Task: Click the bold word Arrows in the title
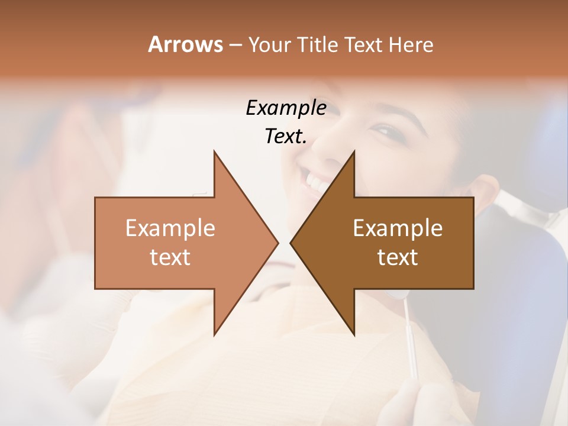tap(186, 44)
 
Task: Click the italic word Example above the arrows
tap(286, 108)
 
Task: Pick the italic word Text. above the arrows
tap(286, 136)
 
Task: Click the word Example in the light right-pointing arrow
tap(170, 228)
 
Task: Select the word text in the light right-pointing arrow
tap(170, 257)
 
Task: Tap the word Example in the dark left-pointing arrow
tap(398, 228)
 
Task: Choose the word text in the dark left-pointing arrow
tap(398, 257)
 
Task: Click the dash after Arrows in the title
tap(235, 45)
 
